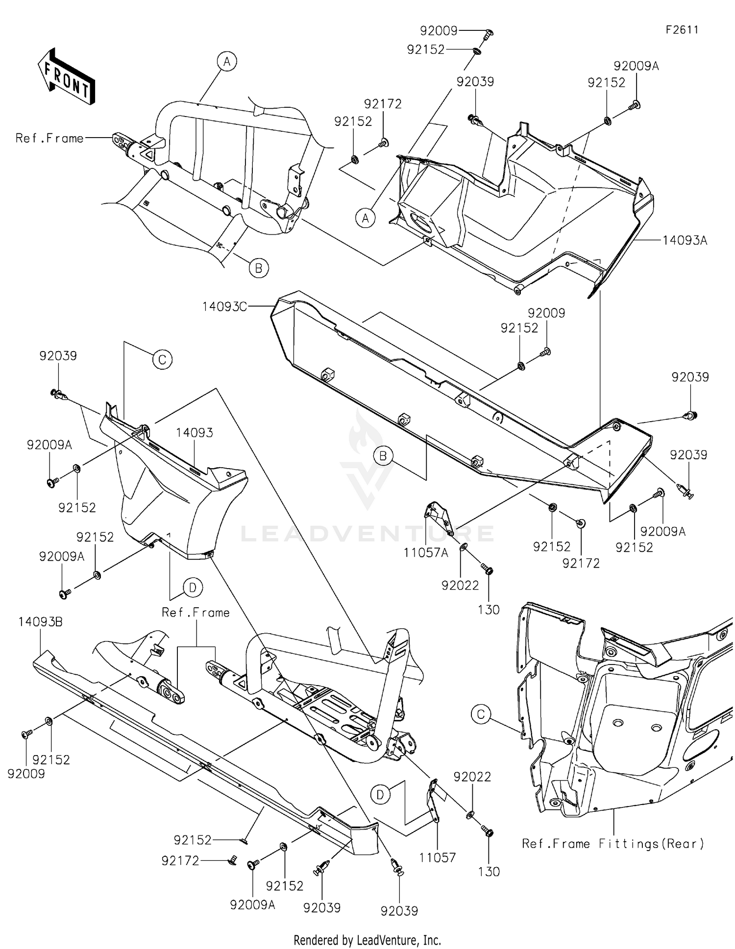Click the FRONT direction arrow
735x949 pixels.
point(67,76)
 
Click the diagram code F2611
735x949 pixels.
point(682,29)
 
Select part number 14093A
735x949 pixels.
point(685,240)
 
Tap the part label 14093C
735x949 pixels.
point(224,307)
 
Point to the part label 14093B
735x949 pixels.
point(41,622)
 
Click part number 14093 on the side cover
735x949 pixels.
point(195,432)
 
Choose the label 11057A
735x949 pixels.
point(426,553)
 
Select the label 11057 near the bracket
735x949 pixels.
point(437,857)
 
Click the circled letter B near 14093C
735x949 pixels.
point(383,456)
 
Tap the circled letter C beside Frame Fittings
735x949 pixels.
point(481,714)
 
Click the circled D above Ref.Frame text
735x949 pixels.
point(193,587)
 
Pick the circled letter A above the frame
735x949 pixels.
point(226,62)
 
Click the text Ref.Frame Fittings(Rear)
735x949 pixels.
point(612,843)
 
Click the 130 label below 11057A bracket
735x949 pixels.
point(489,610)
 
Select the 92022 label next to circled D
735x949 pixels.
point(472,777)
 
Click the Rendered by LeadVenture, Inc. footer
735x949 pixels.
point(367,940)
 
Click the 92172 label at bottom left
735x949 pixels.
point(180,860)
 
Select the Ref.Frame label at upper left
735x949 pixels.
point(49,138)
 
